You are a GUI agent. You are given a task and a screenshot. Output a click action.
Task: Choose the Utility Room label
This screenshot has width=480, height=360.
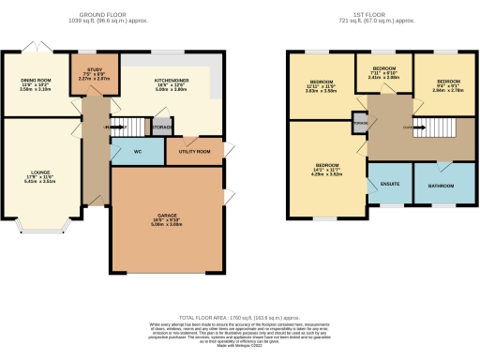click(189, 150)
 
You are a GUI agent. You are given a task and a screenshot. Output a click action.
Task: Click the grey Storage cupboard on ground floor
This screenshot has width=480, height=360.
click(161, 126)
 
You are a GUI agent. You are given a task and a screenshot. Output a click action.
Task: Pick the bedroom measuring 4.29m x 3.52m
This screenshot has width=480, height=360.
click(323, 170)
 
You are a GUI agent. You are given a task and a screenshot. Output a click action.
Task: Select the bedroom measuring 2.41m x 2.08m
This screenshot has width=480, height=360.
click(384, 74)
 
